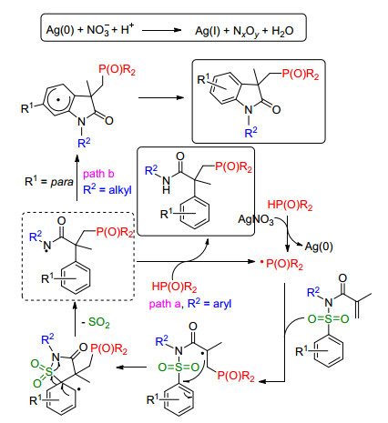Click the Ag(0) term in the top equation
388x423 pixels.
click(x=60, y=30)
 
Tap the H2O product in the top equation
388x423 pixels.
click(x=282, y=31)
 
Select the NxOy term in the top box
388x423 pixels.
click(x=246, y=32)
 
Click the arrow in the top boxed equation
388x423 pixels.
click(x=161, y=30)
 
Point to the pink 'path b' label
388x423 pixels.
click(x=98, y=174)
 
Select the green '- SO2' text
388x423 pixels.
click(x=96, y=322)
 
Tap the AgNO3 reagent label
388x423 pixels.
click(x=256, y=220)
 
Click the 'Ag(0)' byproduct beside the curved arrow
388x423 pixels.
click(x=319, y=247)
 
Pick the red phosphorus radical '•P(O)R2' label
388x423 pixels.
click(x=281, y=264)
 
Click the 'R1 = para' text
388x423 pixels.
click(x=49, y=182)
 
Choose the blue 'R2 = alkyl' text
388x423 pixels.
click(x=107, y=189)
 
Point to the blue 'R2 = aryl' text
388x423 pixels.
click(x=209, y=303)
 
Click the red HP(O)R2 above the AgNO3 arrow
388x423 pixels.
click(x=290, y=205)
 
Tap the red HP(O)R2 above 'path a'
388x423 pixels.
click(x=174, y=287)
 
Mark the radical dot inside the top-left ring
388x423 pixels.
click(x=59, y=99)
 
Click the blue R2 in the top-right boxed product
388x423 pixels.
click(x=250, y=132)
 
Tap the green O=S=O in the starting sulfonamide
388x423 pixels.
click(x=328, y=318)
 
